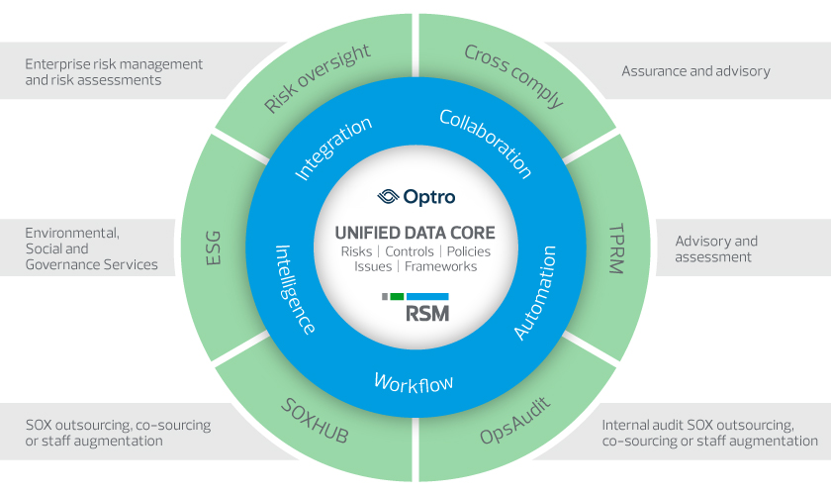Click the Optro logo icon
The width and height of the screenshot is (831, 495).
click(x=388, y=197)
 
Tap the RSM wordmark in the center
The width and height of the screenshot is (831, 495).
click(x=427, y=314)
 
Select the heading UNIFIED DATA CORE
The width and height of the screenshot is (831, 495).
click(x=415, y=233)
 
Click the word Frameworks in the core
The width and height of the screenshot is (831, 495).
click(x=440, y=266)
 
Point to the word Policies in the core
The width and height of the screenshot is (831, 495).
click(x=469, y=251)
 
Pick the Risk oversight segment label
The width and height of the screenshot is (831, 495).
click(x=317, y=78)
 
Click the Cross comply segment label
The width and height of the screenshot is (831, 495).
click(x=513, y=76)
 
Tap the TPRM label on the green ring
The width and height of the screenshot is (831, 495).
click(x=616, y=248)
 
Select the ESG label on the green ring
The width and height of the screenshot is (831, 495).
click(x=213, y=247)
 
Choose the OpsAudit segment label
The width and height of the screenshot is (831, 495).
click(x=515, y=421)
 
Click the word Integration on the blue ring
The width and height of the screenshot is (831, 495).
click(x=332, y=148)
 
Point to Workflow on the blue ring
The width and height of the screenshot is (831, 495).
click(x=414, y=383)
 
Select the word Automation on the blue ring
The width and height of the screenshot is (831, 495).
click(x=535, y=292)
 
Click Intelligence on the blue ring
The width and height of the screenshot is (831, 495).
click(x=295, y=289)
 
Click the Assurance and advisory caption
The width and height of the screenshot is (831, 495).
click(x=695, y=71)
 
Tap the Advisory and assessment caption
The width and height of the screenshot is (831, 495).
click(x=716, y=248)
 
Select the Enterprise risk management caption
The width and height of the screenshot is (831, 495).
click(x=114, y=72)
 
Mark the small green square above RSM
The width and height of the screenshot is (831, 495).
click(x=397, y=297)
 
